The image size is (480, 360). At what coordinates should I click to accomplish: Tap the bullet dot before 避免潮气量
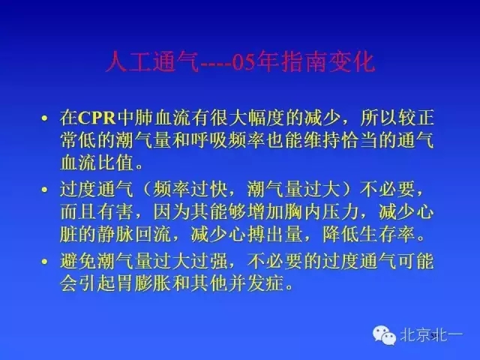tap(46, 262)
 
